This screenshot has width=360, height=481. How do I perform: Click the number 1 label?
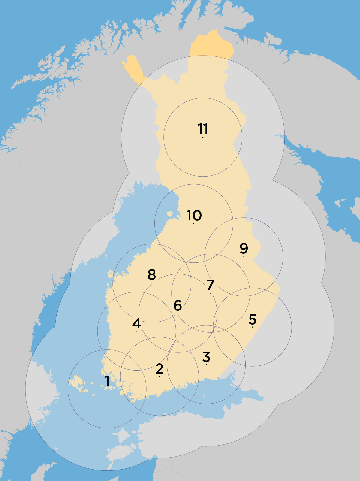(x=107, y=381)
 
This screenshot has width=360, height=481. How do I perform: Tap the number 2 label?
(x=159, y=368)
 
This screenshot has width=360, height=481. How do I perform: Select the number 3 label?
(x=206, y=357)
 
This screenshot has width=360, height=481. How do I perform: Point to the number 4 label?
(x=136, y=323)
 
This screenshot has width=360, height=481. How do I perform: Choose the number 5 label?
(x=252, y=319)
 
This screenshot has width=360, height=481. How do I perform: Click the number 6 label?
(x=178, y=305)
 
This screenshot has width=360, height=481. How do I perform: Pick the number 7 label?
(x=211, y=284)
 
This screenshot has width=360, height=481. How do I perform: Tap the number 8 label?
(x=152, y=274)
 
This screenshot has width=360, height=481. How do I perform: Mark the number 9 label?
(x=244, y=248)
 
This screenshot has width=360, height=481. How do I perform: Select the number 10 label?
(x=194, y=215)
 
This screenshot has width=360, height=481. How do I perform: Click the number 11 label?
(x=203, y=129)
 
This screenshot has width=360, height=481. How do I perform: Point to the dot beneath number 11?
(x=203, y=137)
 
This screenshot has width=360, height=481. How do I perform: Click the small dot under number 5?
(x=252, y=327)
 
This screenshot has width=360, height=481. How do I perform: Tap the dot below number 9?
(x=244, y=257)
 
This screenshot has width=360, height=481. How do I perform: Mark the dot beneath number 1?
(x=107, y=389)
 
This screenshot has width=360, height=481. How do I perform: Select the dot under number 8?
(x=152, y=283)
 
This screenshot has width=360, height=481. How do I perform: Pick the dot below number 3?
(x=206, y=365)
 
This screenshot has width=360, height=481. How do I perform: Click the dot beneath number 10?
(x=194, y=223)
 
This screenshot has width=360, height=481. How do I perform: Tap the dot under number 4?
(x=136, y=331)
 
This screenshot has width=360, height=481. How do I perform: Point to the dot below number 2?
(x=159, y=377)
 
